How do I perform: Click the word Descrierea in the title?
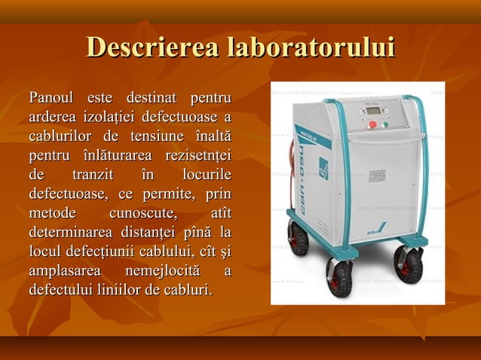[x=155, y=47]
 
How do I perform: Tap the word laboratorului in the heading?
[x=311, y=47]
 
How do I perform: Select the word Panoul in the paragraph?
[x=51, y=98]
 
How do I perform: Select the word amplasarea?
[x=63, y=270]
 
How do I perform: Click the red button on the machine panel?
[x=372, y=125]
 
